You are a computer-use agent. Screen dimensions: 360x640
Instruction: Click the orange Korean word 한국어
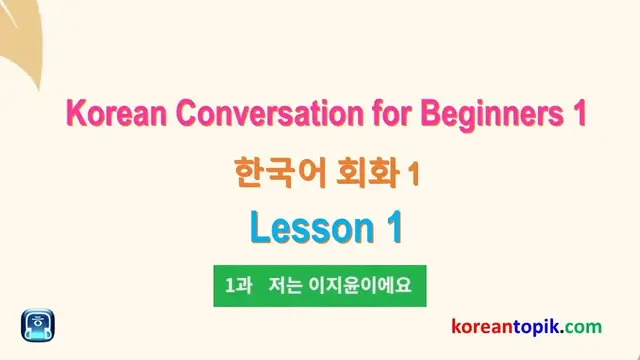click(267, 173)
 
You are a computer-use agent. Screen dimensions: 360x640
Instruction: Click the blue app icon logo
click(38, 326)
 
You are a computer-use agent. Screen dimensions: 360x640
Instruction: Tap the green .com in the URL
click(588, 326)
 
